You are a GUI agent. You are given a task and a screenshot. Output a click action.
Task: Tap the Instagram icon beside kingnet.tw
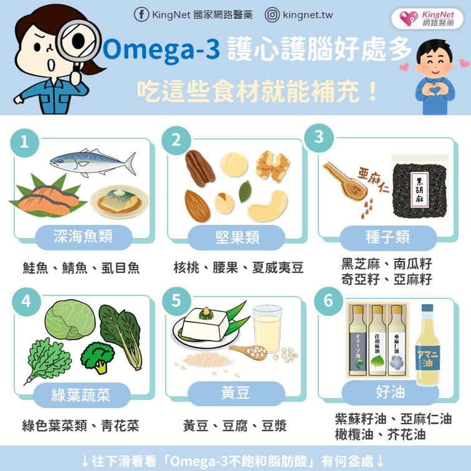click(x=272, y=14)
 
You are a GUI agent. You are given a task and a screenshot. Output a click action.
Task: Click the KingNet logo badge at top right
click(x=427, y=18)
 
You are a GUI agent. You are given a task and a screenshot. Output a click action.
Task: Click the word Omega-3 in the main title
click(x=161, y=50)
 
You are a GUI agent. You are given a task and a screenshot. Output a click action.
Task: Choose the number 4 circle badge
click(x=26, y=301)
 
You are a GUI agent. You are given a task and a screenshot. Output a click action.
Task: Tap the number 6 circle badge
click(x=328, y=301)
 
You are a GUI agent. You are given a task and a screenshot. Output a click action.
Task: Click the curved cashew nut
click(x=269, y=206)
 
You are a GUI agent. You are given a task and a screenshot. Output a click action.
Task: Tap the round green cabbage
click(x=70, y=320)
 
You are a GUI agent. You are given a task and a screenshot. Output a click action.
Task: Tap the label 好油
click(x=389, y=392)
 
